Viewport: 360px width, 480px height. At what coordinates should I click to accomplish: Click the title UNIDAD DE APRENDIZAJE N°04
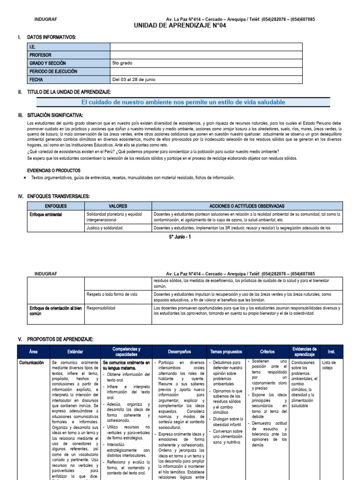pos(180,26)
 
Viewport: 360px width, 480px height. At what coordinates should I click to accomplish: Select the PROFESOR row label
pos(40,55)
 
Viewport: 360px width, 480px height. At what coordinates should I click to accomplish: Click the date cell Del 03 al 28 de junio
pos(134,80)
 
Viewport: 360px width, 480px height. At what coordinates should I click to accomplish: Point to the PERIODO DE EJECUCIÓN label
pos(53,71)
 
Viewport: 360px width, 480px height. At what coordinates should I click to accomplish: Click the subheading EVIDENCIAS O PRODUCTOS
pos(54,171)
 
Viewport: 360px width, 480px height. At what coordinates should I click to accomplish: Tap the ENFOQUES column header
pos(56,206)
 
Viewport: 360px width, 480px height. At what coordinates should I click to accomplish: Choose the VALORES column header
pos(118,206)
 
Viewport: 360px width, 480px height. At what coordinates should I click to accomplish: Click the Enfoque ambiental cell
pos(45,214)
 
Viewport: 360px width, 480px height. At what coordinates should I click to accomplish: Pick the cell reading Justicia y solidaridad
pos(105,228)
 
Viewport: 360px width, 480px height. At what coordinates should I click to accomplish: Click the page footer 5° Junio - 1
pos(180,237)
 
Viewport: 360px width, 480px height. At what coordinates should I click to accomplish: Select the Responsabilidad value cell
pos(102,308)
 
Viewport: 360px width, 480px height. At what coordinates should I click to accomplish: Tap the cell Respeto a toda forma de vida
pos(112,294)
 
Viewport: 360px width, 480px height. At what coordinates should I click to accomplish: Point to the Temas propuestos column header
pos(226,352)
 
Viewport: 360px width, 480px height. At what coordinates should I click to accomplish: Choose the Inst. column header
pos(331,352)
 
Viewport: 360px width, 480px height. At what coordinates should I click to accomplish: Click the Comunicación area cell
pos(31,362)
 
